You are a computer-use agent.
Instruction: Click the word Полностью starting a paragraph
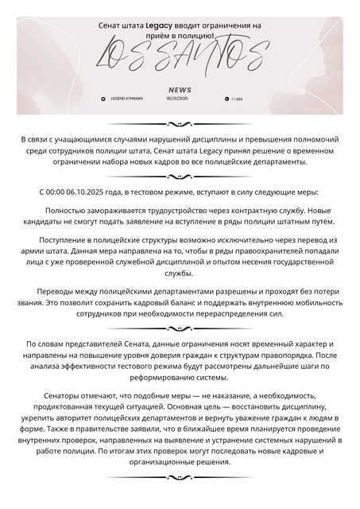[x=69, y=210]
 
